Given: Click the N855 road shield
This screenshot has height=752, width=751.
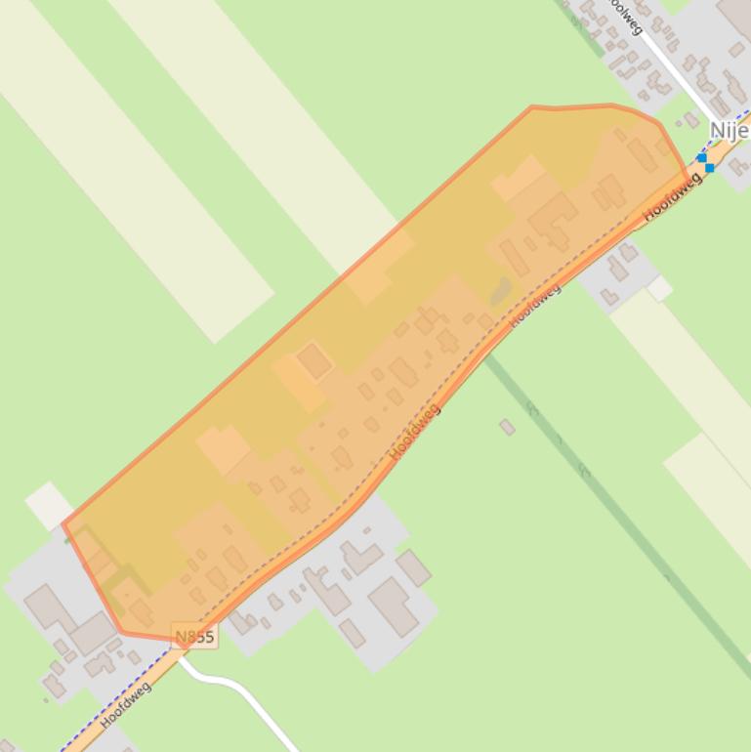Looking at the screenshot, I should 194,637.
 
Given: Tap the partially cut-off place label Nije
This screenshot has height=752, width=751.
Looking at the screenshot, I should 729,130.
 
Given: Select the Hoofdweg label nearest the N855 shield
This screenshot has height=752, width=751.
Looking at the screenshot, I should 126,706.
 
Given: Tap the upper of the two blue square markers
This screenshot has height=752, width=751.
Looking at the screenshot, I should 701,157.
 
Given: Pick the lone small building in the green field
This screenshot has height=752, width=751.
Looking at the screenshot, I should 507,427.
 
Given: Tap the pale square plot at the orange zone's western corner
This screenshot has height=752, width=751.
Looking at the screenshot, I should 48,505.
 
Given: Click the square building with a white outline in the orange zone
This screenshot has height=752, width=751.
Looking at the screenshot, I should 313,360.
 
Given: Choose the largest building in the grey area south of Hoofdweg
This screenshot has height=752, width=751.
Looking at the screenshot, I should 394,605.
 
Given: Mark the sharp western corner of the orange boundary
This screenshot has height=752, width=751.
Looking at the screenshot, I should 63,524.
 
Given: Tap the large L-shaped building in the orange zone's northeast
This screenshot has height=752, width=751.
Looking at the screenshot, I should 554,217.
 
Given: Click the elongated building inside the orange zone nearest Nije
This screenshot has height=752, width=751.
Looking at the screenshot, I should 642,154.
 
